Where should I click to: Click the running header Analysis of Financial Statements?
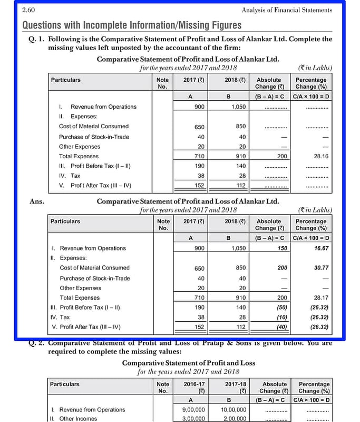[287, 10]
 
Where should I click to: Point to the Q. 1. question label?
[37, 39]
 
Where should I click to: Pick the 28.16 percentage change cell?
[317, 156]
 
